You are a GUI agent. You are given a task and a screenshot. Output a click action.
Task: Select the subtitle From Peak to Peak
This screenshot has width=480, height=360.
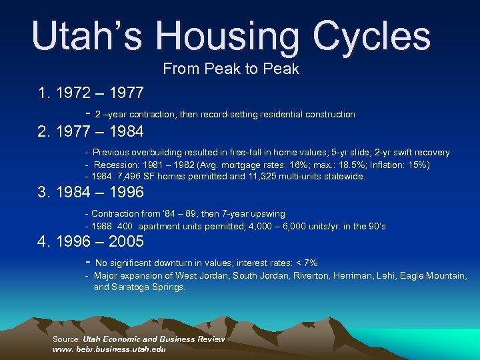coord(231,69)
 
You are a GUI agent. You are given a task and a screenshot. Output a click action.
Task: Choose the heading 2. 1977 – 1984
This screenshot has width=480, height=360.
coord(91,131)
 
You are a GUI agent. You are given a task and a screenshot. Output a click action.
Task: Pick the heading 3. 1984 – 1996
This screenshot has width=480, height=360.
coord(91,193)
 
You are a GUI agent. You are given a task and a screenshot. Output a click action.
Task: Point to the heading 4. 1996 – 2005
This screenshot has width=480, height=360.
coord(91,241)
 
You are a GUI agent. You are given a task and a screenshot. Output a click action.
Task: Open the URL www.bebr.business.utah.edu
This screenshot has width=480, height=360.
coord(109,349)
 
